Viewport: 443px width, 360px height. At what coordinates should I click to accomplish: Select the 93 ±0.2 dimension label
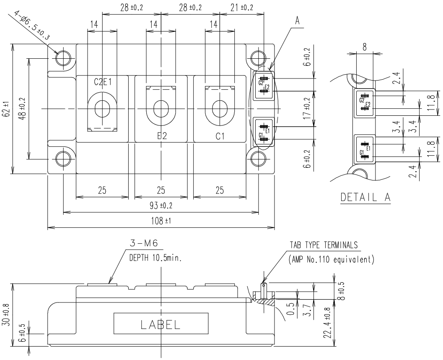[x=161, y=206]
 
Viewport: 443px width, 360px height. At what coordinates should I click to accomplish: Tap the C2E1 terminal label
[x=102, y=82]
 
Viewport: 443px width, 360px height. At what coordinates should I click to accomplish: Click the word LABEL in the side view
[x=161, y=324]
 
